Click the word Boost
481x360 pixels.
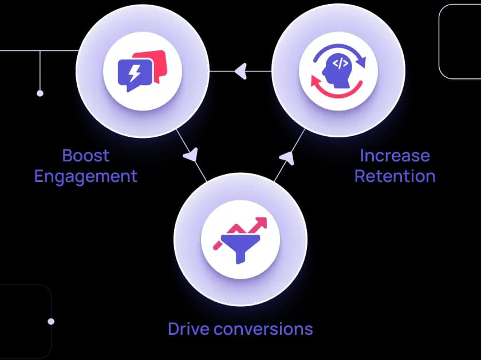pyautogui.click(x=85, y=155)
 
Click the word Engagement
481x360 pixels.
pyautogui.click(x=85, y=176)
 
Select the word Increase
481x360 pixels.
pyautogui.click(x=395, y=155)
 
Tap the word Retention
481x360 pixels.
pyautogui.click(x=395, y=176)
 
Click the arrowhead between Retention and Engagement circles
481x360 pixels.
pyautogui.click(x=240, y=71)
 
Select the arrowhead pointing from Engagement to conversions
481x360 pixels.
pyautogui.click(x=191, y=154)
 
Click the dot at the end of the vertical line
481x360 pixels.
pyautogui.click(x=40, y=93)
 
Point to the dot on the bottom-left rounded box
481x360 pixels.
pyautogui.click(x=51, y=322)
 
